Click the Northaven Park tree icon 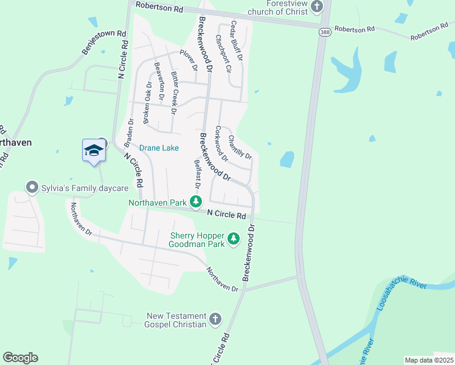(x=195, y=201)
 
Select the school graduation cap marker (x=94, y=150)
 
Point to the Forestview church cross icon (x=316, y=7)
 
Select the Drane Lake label (x=159, y=148)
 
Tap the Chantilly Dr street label (x=240, y=148)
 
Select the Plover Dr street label (x=189, y=60)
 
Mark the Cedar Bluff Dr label (x=236, y=41)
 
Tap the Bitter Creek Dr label (x=173, y=93)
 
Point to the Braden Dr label (x=129, y=133)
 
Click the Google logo (x=20, y=358)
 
